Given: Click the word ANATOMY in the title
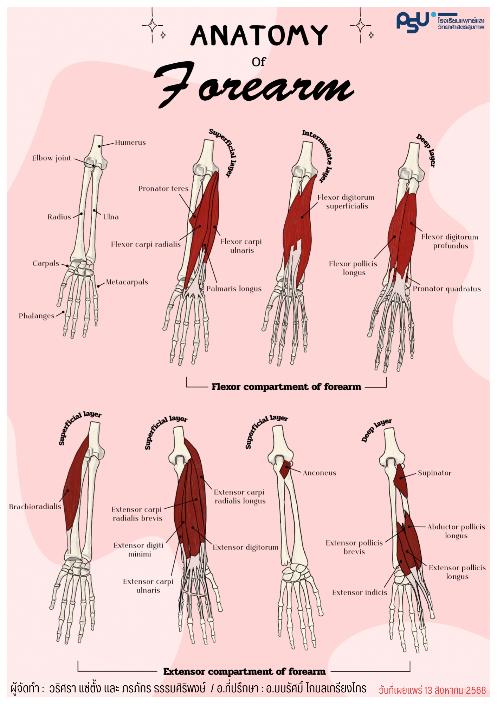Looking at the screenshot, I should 259,35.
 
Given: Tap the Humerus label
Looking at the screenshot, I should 130,143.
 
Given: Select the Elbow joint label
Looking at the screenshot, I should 52,158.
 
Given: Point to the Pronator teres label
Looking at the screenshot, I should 163,189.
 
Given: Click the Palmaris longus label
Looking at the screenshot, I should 234,289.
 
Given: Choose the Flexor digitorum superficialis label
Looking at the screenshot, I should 346,202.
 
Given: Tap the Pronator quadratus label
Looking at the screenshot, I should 446,289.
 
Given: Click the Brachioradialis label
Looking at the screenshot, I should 35,507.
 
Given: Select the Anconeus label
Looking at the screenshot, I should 319,473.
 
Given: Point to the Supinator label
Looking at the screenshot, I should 434,473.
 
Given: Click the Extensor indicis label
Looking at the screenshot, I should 360,593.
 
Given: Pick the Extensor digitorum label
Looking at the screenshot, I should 245,547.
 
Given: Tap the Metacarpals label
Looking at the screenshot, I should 127,282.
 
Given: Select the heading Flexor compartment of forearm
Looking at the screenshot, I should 286,387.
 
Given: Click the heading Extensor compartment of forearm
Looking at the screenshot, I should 244,672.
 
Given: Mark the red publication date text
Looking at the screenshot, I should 432,690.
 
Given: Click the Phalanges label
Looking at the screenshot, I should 37,316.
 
